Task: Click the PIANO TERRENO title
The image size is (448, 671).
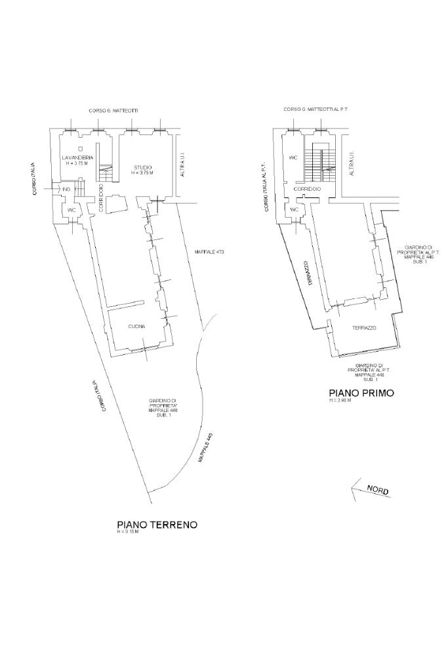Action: pyautogui.click(x=157, y=525)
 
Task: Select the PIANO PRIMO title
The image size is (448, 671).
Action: pyautogui.click(x=361, y=393)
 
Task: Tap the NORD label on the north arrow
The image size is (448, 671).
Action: pyautogui.click(x=377, y=489)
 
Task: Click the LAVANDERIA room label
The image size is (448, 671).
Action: pyautogui.click(x=77, y=158)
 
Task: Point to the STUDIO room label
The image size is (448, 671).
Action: pyautogui.click(x=142, y=167)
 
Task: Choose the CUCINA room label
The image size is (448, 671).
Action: pyautogui.click(x=136, y=326)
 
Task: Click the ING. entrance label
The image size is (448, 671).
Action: pyautogui.click(x=66, y=190)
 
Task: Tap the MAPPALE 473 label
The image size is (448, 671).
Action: pyautogui.click(x=209, y=252)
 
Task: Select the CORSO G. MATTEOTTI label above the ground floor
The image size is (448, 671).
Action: pyautogui.click(x=113, y=111)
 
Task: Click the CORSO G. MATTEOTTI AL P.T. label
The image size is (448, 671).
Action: pyautogui.click(x=316, y=110)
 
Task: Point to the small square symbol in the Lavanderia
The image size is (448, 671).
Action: pyautogui.click(x=79, y=150)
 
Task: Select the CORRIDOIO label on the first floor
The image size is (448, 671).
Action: pyautogui.click(x=307, y=189)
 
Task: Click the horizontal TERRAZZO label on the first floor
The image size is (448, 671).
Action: pyautogui.click(x=364, y=327)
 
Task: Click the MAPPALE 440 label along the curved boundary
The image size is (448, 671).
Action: pyautogui.click(x=205, y=449)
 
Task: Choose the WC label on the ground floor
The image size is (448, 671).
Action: pyautogui.click(x=71, y=209)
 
